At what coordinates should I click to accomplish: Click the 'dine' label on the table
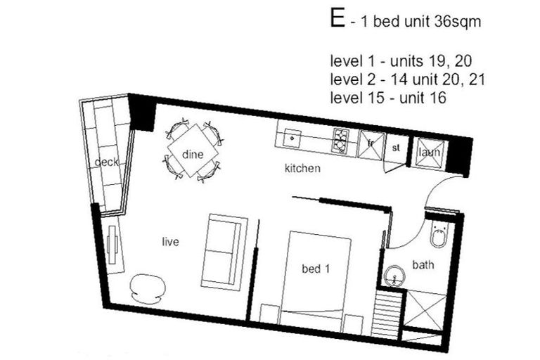coord(192,154)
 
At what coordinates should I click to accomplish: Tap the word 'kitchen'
coord(302,169)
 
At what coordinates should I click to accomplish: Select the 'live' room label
coord(170,242)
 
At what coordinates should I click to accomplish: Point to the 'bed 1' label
coord(316,269)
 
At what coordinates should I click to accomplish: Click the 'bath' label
coord(423,265)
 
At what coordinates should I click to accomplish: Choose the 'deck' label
coord(106,162)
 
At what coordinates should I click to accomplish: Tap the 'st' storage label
coord(395,148)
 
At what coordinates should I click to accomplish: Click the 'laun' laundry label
coord(428,152)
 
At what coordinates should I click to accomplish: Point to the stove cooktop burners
coord(340,140)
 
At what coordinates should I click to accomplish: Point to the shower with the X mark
coord(426,309)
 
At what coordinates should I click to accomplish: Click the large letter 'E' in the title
coord(338,19)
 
